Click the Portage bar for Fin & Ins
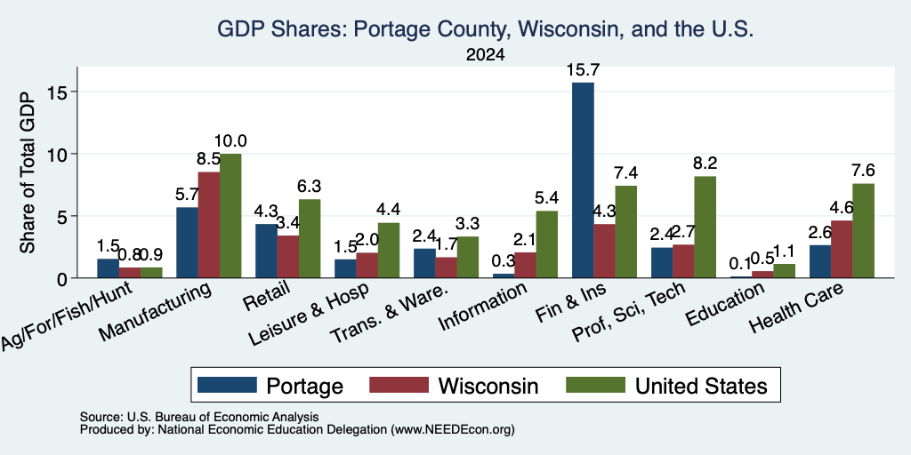pyautogui.click(x=584, y=180)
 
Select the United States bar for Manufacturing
pyautogui.click(x=230, y=216)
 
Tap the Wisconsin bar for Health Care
pyautogui.click(x=842, y=249)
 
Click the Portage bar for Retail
pyautogui.click(x=266, y=251)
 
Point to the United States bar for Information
pyautogui.click(x=547, y=244)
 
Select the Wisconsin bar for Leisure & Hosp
pyautogui.click(x=367, y=265)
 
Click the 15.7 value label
pyautogui.click(x=584, y=70)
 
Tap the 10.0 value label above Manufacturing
pyautogui.click(x=230, y=141)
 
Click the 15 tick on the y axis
pyautogui.click(x=60, y=92)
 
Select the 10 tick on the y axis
pyautogui.click(x=60, y=154)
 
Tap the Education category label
pyautogui.click(x=725, y=305)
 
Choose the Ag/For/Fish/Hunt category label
pyautogui.click(x=68, y=316)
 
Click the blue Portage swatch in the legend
pyautogui.click(x=227, y=385)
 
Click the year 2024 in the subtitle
pyautogui.click(x=485, y=55)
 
